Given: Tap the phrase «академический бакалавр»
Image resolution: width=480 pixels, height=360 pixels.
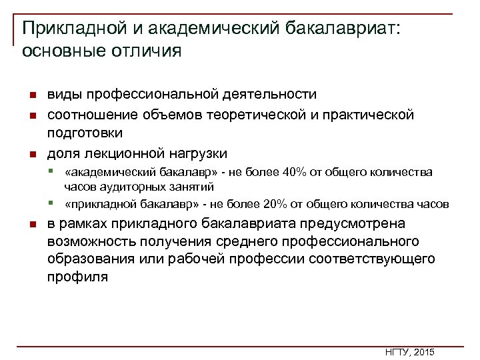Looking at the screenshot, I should (127, 173).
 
